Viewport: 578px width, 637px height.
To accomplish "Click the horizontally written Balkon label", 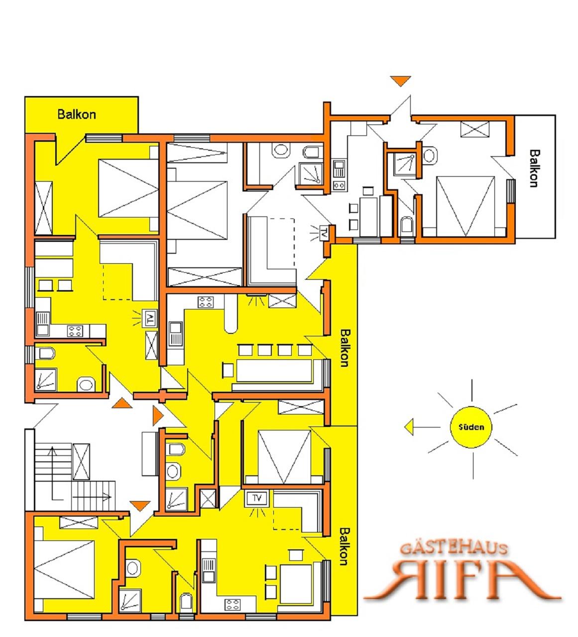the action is point(77,114).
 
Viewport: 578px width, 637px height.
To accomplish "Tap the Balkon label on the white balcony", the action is point(534,169).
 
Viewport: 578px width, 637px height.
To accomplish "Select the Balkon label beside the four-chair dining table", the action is point(345,348).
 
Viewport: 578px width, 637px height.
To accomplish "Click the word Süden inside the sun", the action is point(471,427).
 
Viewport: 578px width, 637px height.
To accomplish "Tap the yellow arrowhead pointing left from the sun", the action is point(409,427).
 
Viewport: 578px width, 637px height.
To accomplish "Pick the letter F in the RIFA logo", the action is point(475,578).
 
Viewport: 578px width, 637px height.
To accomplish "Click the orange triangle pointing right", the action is point(158,416).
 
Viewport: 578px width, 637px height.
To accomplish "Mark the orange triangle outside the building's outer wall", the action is point(401,81).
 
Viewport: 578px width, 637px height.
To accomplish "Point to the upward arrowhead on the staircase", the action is point(52,450).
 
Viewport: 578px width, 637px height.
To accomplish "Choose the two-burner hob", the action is point(339,185).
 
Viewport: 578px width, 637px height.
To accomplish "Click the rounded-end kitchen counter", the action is point(231,314).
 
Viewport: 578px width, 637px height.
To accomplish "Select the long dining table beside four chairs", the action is point(274,371).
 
